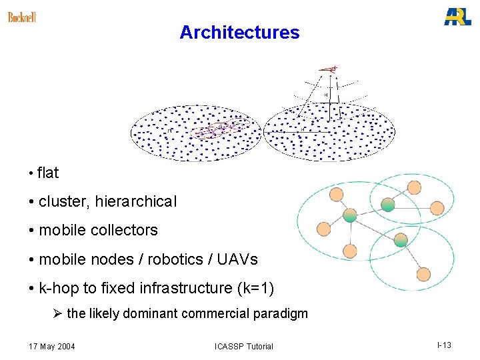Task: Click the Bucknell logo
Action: [x=22, y=17]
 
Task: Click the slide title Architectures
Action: [x=239, y=32]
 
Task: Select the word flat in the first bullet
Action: [x=48, y=173]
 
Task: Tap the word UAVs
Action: [x=240, y=259]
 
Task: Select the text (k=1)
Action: [x=253, y=288]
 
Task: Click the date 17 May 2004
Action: [x=52, y=346]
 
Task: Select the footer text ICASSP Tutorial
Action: [x=243, y=346]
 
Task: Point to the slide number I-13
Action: [x=444, y=345]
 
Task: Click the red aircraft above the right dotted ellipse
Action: [x=328, y=68]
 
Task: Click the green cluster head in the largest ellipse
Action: [x=349, y=215]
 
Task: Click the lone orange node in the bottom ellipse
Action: [x=423, y=273]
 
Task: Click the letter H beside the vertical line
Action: [x=325, y=95]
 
